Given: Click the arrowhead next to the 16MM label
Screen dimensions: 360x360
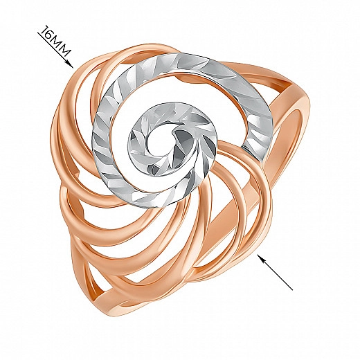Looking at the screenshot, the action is (70, 64).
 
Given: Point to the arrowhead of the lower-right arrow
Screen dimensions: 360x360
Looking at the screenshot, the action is (261, 258).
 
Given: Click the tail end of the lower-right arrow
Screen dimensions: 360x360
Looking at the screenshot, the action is (293, 290).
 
